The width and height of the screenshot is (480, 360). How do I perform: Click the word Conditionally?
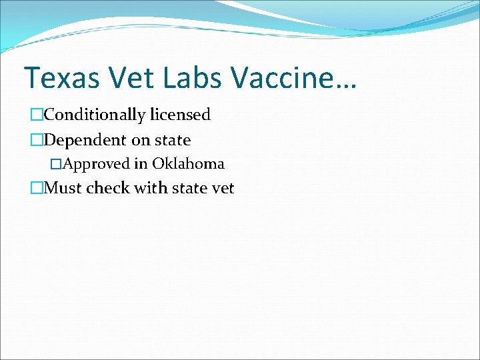(x=94, y=115)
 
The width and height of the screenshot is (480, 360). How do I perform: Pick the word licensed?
(x=180, y=115)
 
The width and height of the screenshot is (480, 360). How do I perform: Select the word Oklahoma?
(x=188, y=163)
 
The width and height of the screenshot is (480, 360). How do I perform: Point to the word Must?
(x=63, y=188)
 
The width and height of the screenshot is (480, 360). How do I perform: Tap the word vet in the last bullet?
(x=222, y=188)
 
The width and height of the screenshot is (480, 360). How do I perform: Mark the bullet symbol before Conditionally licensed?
(x=36, y=115)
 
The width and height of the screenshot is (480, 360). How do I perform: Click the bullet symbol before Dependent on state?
(x=36, y=141)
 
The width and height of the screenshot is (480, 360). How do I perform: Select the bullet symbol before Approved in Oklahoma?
(x=56, y=164)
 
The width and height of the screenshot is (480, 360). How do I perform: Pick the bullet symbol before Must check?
(x=36, y=189)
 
